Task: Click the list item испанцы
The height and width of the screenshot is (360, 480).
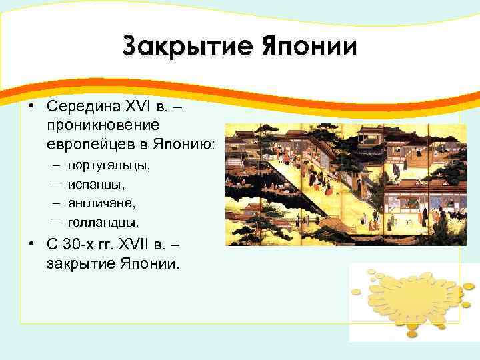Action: click(97, 181)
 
